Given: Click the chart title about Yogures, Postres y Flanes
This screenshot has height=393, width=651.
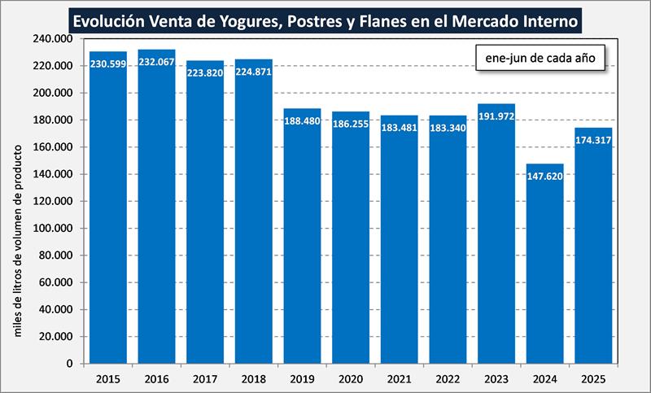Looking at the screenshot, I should (325, 19).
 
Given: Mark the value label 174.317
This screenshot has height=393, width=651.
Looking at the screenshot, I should (592, 140).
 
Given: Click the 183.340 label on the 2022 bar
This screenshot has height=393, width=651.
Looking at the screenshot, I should (448, 128).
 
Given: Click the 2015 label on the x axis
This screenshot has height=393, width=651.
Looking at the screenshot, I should (108, 378).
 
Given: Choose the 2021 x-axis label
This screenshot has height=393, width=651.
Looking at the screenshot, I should (399, 378).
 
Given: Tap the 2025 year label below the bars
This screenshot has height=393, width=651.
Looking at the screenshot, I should (592, 378).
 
